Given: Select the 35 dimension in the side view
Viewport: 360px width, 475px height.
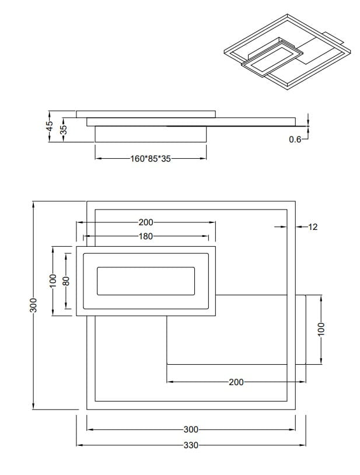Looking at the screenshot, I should tap(64, 128).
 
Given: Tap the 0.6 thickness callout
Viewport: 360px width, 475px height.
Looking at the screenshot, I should tap(295, 140).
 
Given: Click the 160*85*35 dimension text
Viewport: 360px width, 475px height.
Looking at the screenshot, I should tap(151, 158).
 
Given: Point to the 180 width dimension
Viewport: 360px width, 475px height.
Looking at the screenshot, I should tap(146, 236).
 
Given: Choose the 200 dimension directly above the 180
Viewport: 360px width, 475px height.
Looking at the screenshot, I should tap(146, 222).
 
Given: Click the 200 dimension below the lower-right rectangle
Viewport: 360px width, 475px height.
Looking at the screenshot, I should tap(236, 382).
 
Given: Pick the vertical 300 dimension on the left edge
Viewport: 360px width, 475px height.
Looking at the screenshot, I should tap(33, 305).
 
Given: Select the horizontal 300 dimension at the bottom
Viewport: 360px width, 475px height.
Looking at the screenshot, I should tap(191, 429).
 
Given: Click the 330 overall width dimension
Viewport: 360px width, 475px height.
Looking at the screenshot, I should tap(191, 445).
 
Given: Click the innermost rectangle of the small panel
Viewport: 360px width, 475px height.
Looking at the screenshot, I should tap(145, 281).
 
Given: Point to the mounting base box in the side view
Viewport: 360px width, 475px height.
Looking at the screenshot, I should tap(151, 134).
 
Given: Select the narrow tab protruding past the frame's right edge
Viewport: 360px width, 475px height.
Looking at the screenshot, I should tap(300, 330).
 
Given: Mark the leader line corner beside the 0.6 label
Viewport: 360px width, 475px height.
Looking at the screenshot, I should tap(307, 140).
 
